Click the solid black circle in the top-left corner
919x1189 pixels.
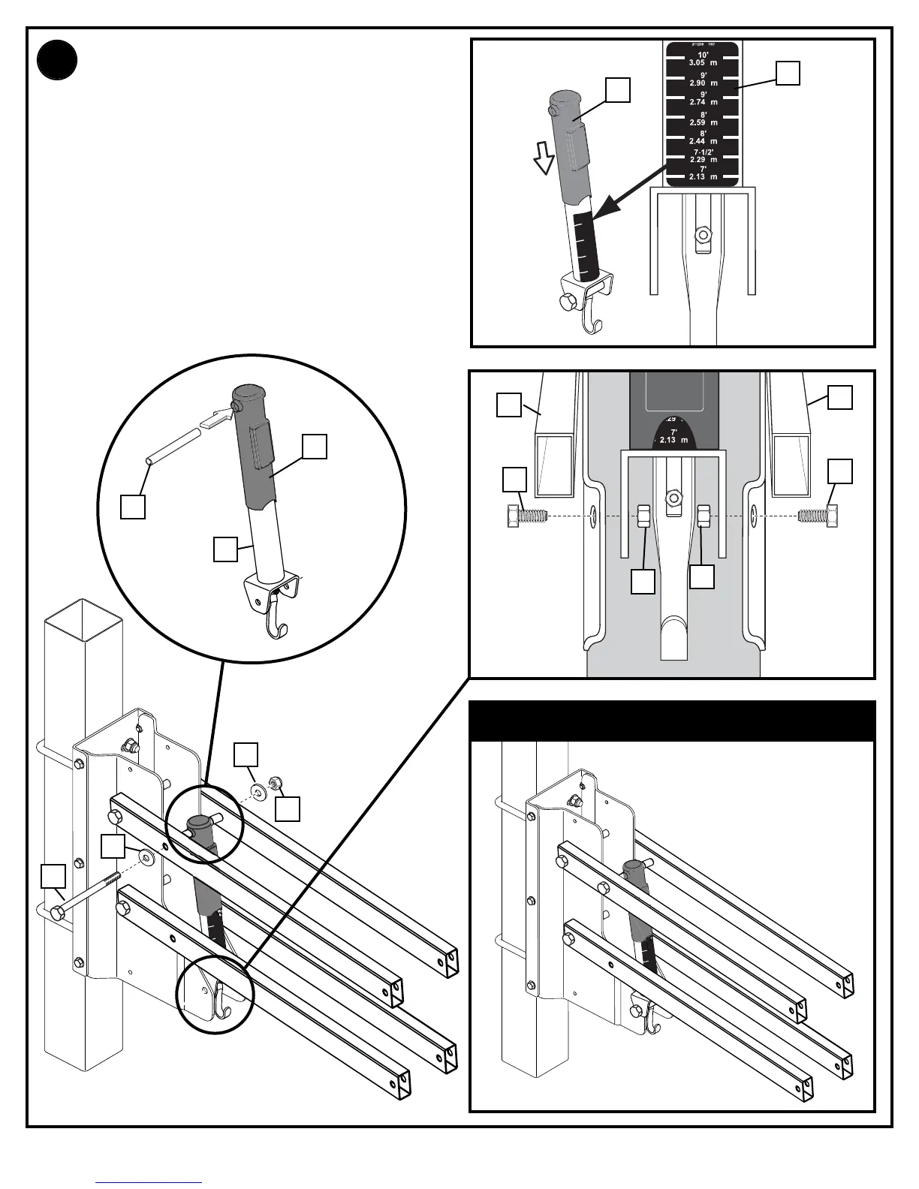[57, 61]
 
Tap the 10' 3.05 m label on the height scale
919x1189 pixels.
[703, 59]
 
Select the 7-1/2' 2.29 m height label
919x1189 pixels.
[703, 156]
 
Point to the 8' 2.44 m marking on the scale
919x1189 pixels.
[703, 137]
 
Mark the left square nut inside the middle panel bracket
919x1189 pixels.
[644, 516]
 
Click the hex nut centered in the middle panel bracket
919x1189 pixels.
[673, 497]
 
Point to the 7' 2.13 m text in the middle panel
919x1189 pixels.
[673, 436]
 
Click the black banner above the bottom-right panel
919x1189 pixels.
[672, 721]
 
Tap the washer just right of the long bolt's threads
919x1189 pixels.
[145, 856]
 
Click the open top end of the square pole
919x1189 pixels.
[83, 620]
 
